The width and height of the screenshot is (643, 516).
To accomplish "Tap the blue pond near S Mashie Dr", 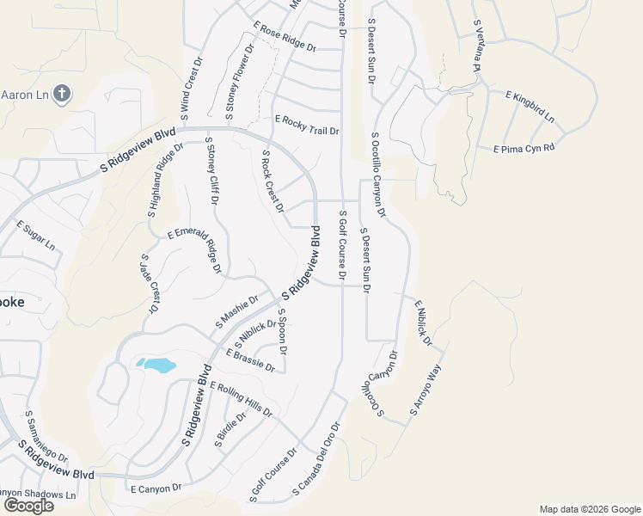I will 156,365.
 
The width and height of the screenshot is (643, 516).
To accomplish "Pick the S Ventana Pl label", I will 476,46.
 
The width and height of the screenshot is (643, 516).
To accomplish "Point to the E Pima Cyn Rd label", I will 524,149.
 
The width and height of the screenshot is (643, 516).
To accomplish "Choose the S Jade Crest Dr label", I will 150,283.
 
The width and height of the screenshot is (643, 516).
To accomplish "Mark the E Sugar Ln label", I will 36,235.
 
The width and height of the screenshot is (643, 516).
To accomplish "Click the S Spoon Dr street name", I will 282,332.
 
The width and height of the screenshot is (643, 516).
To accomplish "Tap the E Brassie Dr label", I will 250,361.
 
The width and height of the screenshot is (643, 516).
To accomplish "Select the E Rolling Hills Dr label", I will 240,400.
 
